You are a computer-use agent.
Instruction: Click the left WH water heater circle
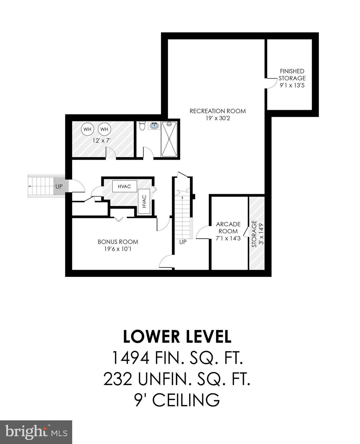point(87,129)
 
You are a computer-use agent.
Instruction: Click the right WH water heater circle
point(104,129)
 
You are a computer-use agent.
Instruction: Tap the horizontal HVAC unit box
point(124,186)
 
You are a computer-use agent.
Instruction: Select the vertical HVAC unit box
point(144,201)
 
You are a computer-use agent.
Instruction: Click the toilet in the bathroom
point(142,126)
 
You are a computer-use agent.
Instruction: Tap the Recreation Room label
point(218,111)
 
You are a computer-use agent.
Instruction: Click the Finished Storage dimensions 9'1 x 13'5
point(292,85)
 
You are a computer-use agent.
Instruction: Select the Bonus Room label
point(118,242)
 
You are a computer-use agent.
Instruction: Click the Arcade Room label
point(228,227)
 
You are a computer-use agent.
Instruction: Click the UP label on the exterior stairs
point(59,186)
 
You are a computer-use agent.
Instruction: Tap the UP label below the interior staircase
point(183,242)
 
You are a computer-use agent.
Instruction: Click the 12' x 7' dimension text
point(101,141)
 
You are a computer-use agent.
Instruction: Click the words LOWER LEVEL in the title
point(177,336)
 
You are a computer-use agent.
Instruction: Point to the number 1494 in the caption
point(130,358)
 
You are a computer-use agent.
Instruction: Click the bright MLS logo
point(36,432)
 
